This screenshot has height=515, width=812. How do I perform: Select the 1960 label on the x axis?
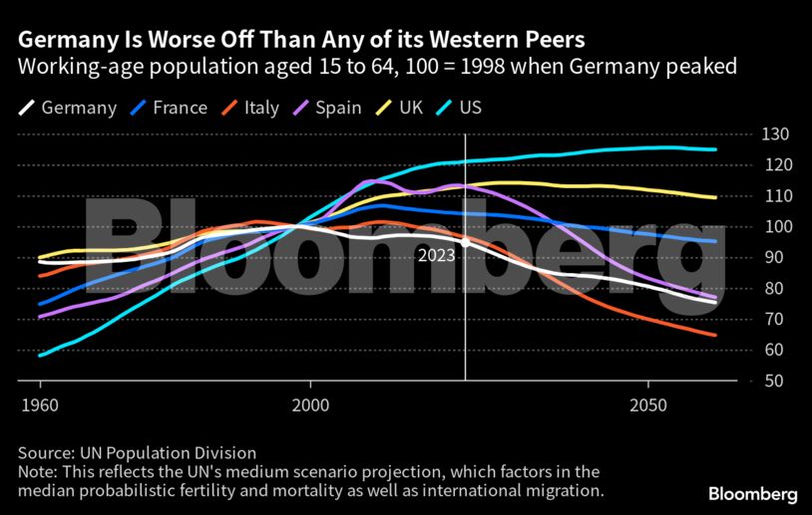pyautogui.click(x=40, y=407)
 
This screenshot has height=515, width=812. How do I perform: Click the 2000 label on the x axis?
pyautogui.click(x=310, y=407)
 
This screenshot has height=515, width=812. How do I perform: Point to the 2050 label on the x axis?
pyautogui.click(x=648, y=407)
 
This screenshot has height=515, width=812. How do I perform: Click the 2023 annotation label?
pyautogui.click(x=436, y=255)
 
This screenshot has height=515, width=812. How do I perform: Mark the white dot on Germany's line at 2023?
pyautogui.click(x=465, y=242)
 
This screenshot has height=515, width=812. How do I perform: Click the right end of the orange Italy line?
pyautogui.click(x=714, y=335)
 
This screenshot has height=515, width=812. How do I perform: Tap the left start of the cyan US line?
pyautogui.click(x=40, y=355)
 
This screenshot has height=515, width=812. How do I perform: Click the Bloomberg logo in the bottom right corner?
pyautogui.click(x=752, y=494)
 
